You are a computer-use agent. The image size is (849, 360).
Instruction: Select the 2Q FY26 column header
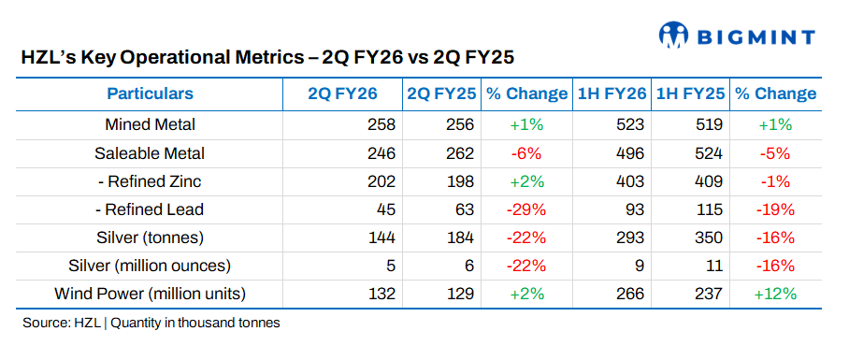click(x=343, y=94)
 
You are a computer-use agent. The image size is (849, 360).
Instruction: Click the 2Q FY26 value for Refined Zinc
click(x=382, y=181)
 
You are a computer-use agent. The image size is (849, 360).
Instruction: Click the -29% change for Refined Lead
click(x=526, y=209)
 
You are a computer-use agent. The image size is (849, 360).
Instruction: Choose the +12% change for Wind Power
click(x=775, y=294)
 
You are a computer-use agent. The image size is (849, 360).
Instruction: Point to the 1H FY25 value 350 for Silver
click(x=710, y=238)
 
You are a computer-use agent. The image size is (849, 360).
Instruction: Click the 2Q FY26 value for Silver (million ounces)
click(x=391, y=266)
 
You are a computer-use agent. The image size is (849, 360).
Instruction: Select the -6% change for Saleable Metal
click(x=526, y=153)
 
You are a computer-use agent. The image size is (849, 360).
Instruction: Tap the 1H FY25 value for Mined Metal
click(x=710, y=124)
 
